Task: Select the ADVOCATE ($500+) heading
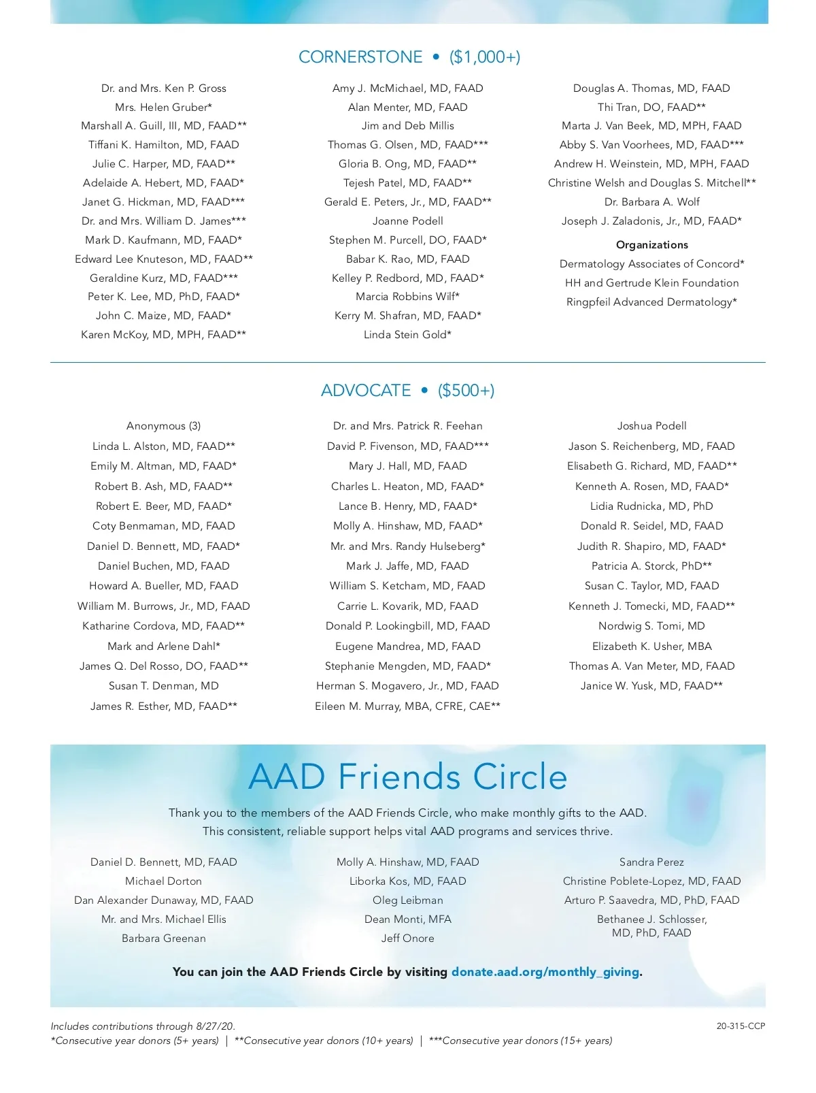407,391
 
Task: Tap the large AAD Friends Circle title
408,777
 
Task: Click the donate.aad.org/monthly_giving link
545,972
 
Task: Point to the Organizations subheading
651,245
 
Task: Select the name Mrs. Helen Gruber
163,108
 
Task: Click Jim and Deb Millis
407,126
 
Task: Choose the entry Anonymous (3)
163,426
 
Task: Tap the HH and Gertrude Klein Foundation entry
651,283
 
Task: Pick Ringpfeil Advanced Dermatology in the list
651,302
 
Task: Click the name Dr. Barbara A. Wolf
651,202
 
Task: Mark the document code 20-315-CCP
741,1026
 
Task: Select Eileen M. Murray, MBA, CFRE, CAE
407,706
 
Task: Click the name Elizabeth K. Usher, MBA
651,647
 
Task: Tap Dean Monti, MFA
407,919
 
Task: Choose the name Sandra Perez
651,862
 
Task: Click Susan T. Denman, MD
163,686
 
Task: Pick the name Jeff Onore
407,939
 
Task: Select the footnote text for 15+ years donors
520,1041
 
